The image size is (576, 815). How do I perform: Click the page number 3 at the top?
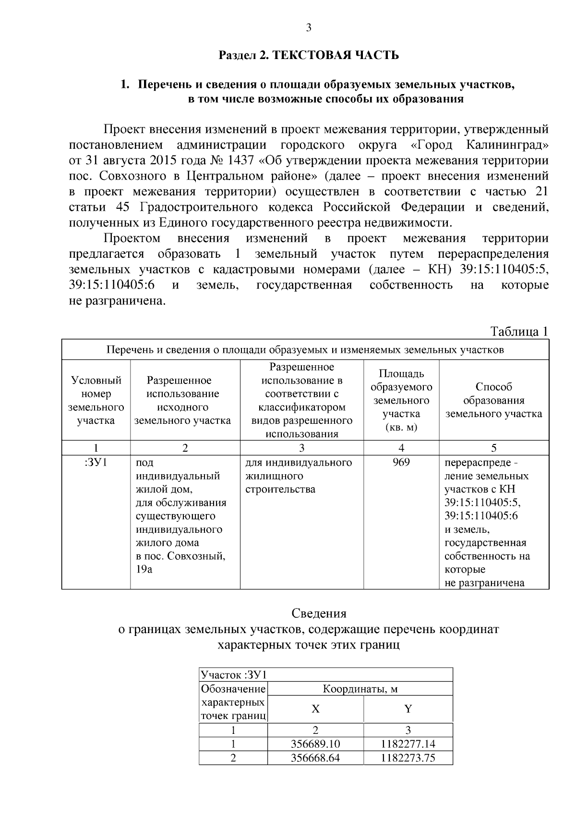click(309, 28)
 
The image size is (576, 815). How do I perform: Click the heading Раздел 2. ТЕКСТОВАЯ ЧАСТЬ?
click(309, 55)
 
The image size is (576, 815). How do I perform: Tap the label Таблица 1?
click(518, 332)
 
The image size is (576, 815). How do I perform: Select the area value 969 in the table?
click(401, 463)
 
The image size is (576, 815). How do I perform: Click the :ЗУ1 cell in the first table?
click(96, 463)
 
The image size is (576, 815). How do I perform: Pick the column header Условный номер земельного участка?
click(96, 400)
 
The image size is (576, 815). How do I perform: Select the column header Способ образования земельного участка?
click(494, 400)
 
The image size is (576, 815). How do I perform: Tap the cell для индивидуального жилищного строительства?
click(299, 476)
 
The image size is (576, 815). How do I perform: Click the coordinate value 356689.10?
click(315, 744)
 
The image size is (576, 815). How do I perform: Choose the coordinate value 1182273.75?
click(408, 758)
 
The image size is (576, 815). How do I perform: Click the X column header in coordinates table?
click(315, 709)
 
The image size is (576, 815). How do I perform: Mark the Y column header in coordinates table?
click(408, 709)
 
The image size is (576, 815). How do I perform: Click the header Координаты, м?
click(360, 689)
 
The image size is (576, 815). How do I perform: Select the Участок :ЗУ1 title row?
click(233, 675)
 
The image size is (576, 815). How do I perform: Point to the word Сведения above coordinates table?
click(319, 613)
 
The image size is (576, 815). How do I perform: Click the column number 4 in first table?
click(401, 448)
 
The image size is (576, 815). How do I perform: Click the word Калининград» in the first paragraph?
click(507, 144)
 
